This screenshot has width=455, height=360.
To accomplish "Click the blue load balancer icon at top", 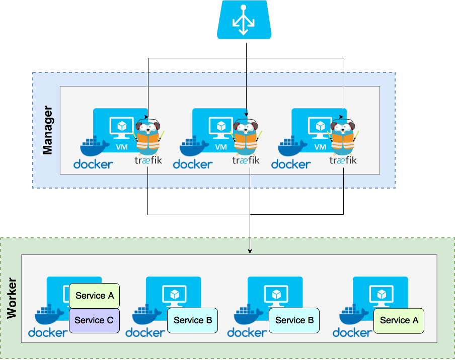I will click(244, 20).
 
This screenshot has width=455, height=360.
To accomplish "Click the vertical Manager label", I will click(47, 130).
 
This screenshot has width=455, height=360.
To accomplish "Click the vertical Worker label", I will click(12, 298).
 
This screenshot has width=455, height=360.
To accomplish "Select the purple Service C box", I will click(94, 320).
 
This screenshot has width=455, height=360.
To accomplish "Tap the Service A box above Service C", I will click(94, 296).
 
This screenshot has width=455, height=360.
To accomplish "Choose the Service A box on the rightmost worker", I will click(399, 320).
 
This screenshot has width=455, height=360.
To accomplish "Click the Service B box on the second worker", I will click(193, 320).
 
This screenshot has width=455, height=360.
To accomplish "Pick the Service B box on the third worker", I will click(294, 320).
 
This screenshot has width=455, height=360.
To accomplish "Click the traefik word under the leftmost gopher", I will click(148, 160).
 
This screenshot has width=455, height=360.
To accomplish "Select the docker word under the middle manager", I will click(193, 164).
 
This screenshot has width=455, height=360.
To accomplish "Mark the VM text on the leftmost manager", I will click(122, 147).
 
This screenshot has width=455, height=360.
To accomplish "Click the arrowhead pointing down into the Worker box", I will click(250, 251).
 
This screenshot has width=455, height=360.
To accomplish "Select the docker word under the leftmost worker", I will click(48, 332).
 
